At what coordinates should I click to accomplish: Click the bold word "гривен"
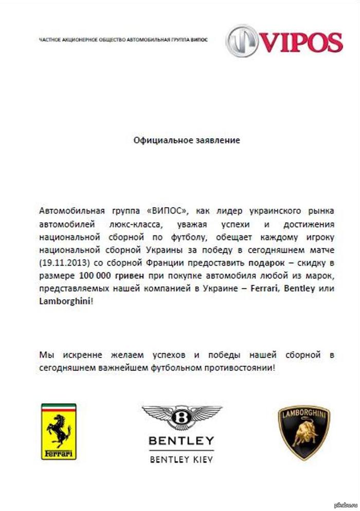click(130, 275)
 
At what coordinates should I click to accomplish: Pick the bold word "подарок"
click(267, 262)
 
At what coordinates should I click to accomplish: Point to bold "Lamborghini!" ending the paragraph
click(66, 301)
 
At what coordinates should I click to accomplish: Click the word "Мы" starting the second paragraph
click(45, 355)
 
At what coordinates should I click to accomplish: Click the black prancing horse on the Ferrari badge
click(59, 428)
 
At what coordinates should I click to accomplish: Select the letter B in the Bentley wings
click(182, 417)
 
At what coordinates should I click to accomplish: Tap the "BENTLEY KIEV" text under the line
click(182, 459)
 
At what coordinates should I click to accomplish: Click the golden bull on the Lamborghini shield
click(303, 434)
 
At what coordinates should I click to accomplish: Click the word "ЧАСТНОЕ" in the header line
click(48, 40)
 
